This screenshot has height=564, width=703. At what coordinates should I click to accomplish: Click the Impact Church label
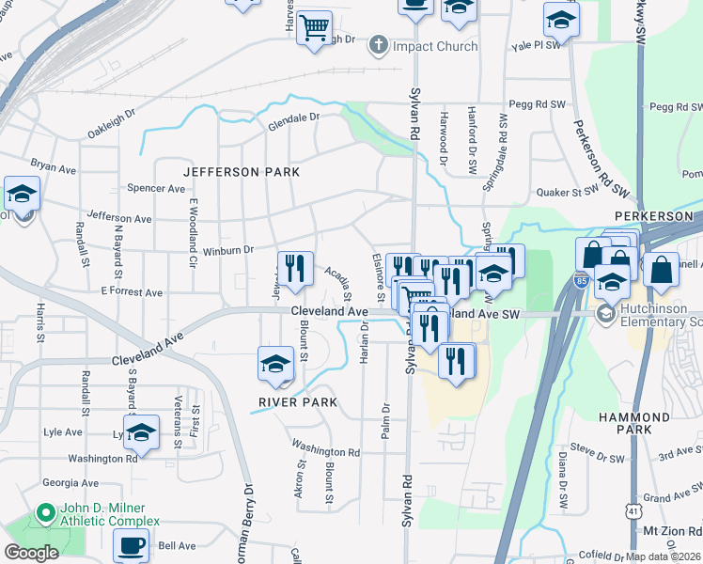435,46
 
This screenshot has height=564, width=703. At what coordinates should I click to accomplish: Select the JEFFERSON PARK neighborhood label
242,172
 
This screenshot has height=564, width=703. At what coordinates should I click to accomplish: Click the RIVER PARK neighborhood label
298,402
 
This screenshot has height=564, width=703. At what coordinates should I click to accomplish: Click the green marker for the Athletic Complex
42,514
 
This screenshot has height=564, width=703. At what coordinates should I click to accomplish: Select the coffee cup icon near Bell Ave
132,545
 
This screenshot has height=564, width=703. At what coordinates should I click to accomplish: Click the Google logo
31,553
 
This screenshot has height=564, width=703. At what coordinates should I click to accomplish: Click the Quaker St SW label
567,192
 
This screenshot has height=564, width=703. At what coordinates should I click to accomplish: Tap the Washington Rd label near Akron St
325,451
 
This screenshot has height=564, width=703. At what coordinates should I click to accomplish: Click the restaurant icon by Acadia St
295,269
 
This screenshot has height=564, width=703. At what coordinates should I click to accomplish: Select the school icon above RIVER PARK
275,365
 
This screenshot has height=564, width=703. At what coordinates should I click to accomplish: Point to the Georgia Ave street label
70,482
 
